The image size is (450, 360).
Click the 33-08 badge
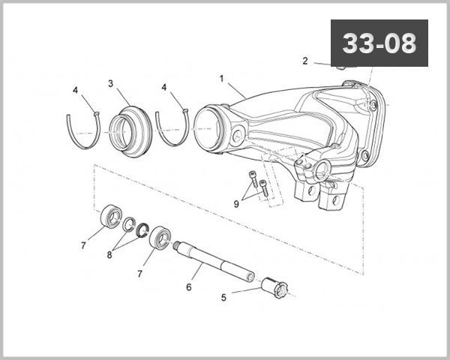click(379, 43)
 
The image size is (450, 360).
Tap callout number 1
click(222, 78)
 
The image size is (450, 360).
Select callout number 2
click(305, 61)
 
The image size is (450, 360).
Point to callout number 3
click(110, 83)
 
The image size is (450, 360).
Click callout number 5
click(223, 297)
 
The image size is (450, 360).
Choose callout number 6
click(189, 286)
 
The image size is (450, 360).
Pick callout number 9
click(236, 202)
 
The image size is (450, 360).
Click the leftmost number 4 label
click(75, 90)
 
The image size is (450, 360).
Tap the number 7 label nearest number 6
click(139, 274)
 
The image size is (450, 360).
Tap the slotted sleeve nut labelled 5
click(274, 287)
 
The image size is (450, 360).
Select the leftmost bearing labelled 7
click(112, 215)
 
